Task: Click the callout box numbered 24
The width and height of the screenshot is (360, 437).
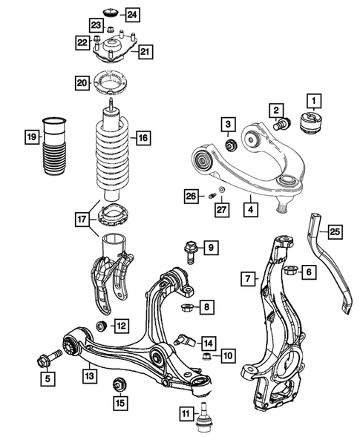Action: pyautogui.click(x=131, y=14)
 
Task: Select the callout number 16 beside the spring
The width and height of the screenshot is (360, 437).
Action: pyautogui.click(x=143, y=137)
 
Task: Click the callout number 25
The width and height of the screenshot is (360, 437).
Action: pyautogui.click(x=335, y=232)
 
